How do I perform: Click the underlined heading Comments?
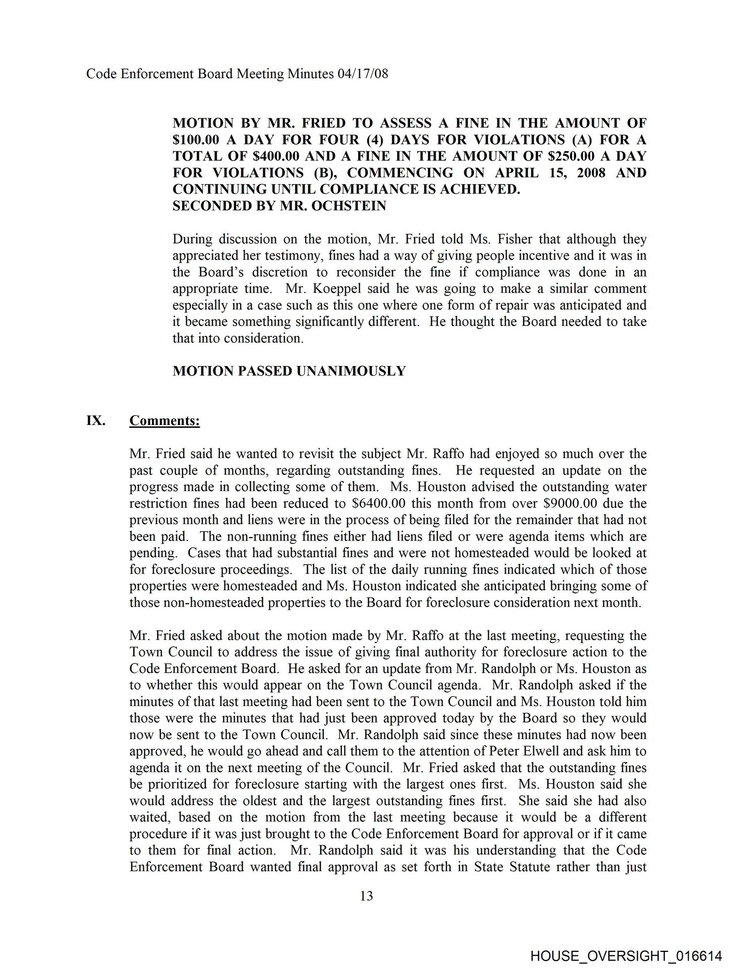164,420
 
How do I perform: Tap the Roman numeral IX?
95,420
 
